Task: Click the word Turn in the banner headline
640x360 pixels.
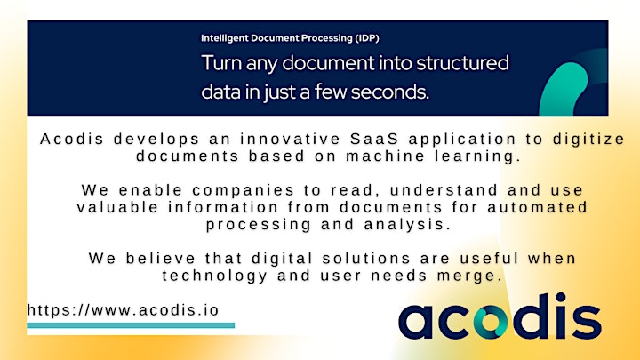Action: tap(221, 63)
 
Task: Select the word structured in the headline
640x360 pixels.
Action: tap(462, 63)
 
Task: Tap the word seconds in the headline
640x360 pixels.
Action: tap(389, 92)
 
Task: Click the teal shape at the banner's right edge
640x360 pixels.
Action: tap(564, 90)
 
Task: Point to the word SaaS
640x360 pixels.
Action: tap(374, 139)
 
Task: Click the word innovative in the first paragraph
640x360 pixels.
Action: tap(290, 139)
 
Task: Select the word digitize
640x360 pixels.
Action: tap(588, 140)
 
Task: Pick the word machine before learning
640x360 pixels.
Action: tap(385, 156)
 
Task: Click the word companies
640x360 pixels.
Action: tap(244, 190)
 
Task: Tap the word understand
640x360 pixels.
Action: tap(444, 190)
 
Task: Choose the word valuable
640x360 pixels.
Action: tap(117, 207)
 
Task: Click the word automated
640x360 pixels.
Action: tap(537, 207)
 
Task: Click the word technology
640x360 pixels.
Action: tap(215, 276)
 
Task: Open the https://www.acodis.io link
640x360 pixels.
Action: tap(124, 310)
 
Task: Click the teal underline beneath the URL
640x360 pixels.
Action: tap(131, 325)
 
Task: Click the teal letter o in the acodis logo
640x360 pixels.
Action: tap(490, 322)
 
